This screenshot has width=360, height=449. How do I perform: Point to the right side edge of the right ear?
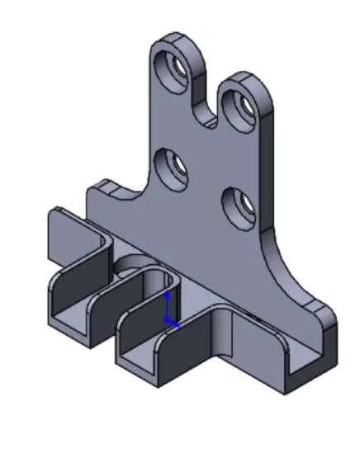(269, 149)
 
